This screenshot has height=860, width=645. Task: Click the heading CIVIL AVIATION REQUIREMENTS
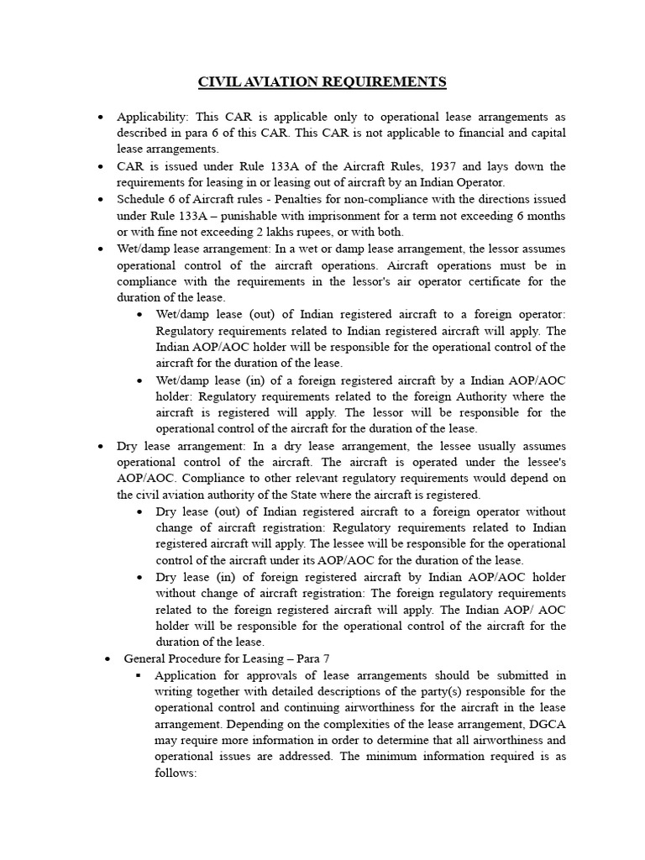[322, 81]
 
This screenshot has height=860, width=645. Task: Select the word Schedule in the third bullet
[142, 200]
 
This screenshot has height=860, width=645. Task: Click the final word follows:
[176, 773]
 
